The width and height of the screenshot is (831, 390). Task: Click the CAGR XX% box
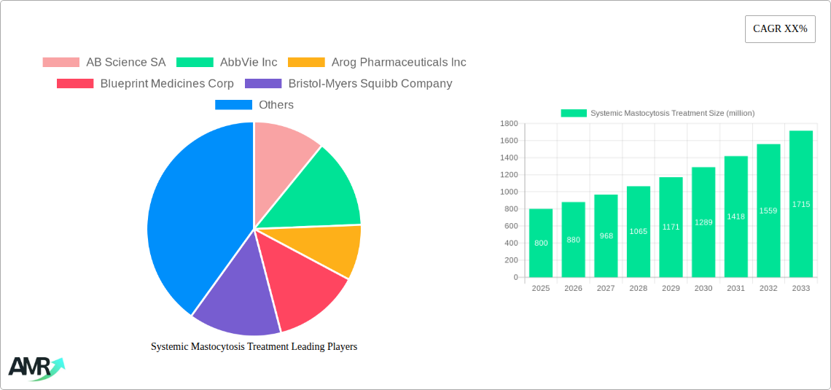pyautogui.click(x=780, y=29)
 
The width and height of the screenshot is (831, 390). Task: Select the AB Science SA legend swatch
pyautogui.click(x=61, y=63)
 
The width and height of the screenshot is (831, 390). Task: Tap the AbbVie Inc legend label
pyautogui.click(x=249, y=63)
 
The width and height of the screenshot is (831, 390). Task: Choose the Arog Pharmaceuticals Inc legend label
pyautogui.click(x=398, y=63)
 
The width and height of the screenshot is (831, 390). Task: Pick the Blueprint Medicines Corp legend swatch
pyautogui.click(x=75, y=84)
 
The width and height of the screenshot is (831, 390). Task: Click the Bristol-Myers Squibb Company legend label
pyautogui.click(x=370, y=84)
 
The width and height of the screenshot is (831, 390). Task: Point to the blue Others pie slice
pyautogui.click(x=190, y=219)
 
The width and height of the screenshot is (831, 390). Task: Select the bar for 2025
pyautogui.click(x=541, y=243)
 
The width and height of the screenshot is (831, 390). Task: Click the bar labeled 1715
pyautogui.click(x=800, y=204)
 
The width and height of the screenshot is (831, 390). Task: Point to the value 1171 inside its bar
pyautogui.click(x=671, y=227)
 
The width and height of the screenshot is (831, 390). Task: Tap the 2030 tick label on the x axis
pyautogui.click(x=703, y=289)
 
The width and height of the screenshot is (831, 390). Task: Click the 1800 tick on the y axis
pyautogui.click(x=509, y=124)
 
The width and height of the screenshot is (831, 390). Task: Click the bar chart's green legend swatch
pyautogui.click(x=574, y=113)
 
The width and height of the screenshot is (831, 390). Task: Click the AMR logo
pyautogui.click(x=35, y=368)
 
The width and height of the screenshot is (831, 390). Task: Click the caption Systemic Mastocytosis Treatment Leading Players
pyautogui.click(x=254, y=347)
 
